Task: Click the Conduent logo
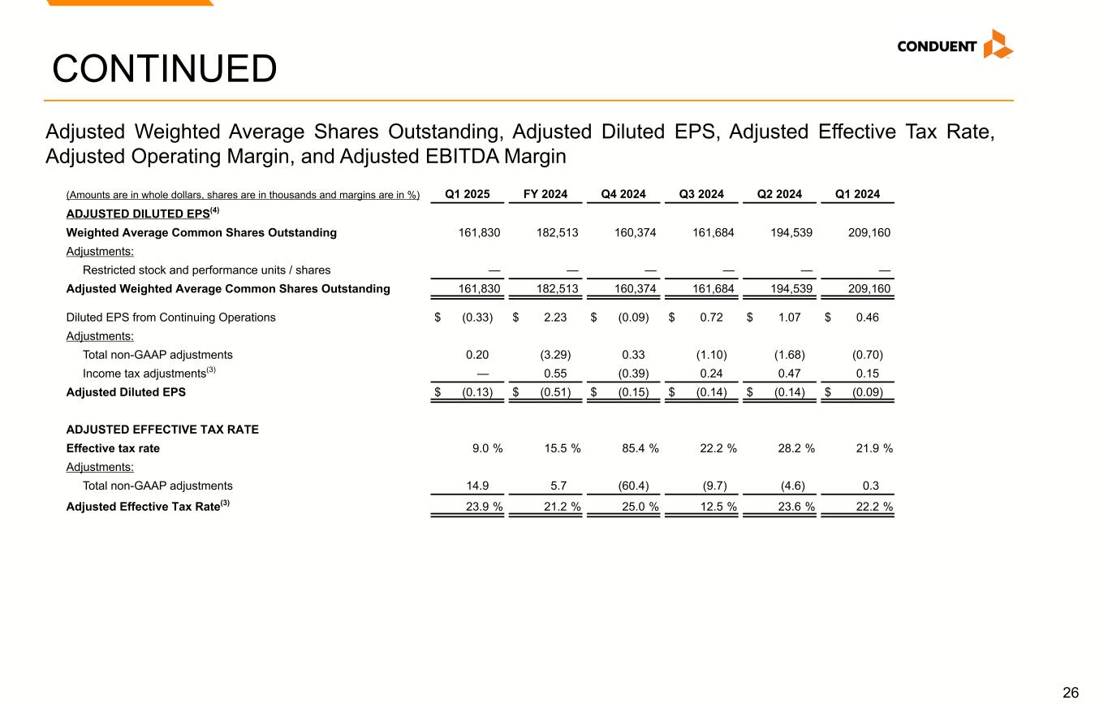[955, 45]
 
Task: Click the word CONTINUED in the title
[164, 69]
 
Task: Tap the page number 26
[1071, 693]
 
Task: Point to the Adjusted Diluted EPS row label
[126, 392]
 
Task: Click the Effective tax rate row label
[113, 448]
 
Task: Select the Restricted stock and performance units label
[206, 270]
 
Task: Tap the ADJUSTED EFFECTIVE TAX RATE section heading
[162, 430]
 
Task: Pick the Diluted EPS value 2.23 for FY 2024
[554, 318]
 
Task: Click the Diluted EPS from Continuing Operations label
[170, 318]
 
